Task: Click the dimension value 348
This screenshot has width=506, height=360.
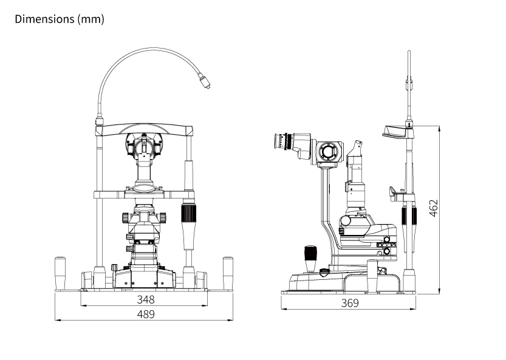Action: (x=145, y=299)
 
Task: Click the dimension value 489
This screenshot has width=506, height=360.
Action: (x=145, y=314)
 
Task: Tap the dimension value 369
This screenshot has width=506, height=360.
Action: (x=349, y=303)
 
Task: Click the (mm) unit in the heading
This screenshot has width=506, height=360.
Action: (x=91, y=19)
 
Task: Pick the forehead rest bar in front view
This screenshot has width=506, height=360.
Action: (x=145, y=129)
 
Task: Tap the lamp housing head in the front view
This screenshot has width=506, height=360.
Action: (x=145, y=146)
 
